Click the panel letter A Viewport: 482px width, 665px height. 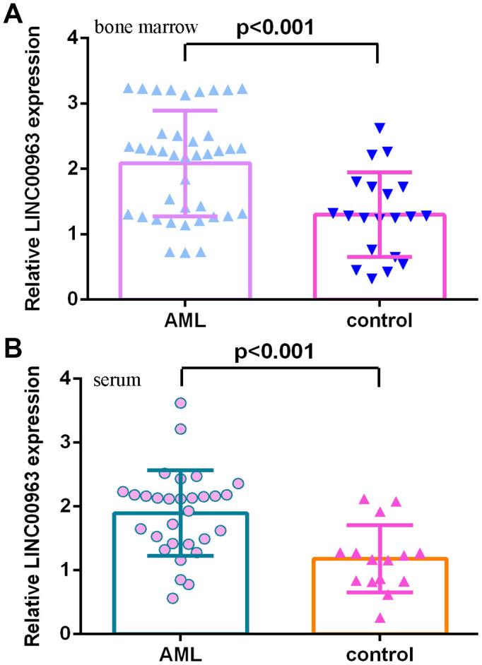(x=12, y=13)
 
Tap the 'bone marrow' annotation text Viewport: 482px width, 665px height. (x=146, y=28)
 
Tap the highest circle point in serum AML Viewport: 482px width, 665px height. (x=181, y=403)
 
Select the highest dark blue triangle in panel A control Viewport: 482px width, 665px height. (x=380, y=128)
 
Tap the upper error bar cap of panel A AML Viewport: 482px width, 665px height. (x=187, y=110)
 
